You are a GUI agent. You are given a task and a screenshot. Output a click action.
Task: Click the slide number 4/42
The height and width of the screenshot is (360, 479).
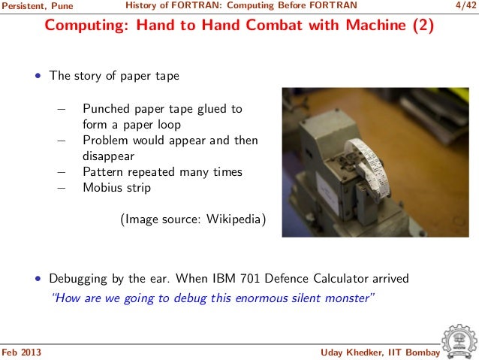click(x=465, y=5)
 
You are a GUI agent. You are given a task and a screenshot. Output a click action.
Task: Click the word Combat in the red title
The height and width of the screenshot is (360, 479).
click(x=274, y=25)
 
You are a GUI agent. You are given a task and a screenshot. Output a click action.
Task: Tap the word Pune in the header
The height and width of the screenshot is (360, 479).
click(x=62, y=6)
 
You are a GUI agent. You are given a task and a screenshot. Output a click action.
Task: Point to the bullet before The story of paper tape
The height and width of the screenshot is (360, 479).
click(x=38, y=76)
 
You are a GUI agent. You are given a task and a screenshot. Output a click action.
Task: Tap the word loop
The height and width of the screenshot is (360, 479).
click(x=169, y=125)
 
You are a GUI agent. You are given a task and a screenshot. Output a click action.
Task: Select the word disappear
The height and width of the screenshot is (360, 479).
click(x=108, y=156)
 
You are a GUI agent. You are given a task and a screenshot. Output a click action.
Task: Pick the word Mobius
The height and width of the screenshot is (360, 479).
click(x=102, y=187)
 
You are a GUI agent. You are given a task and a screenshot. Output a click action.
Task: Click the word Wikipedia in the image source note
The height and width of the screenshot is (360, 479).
click(x=233, y=219)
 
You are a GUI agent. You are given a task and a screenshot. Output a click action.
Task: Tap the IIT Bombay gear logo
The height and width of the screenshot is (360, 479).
click(x=459, y=342)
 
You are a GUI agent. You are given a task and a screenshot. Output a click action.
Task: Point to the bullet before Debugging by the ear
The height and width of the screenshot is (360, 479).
click(x=38, y=279)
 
